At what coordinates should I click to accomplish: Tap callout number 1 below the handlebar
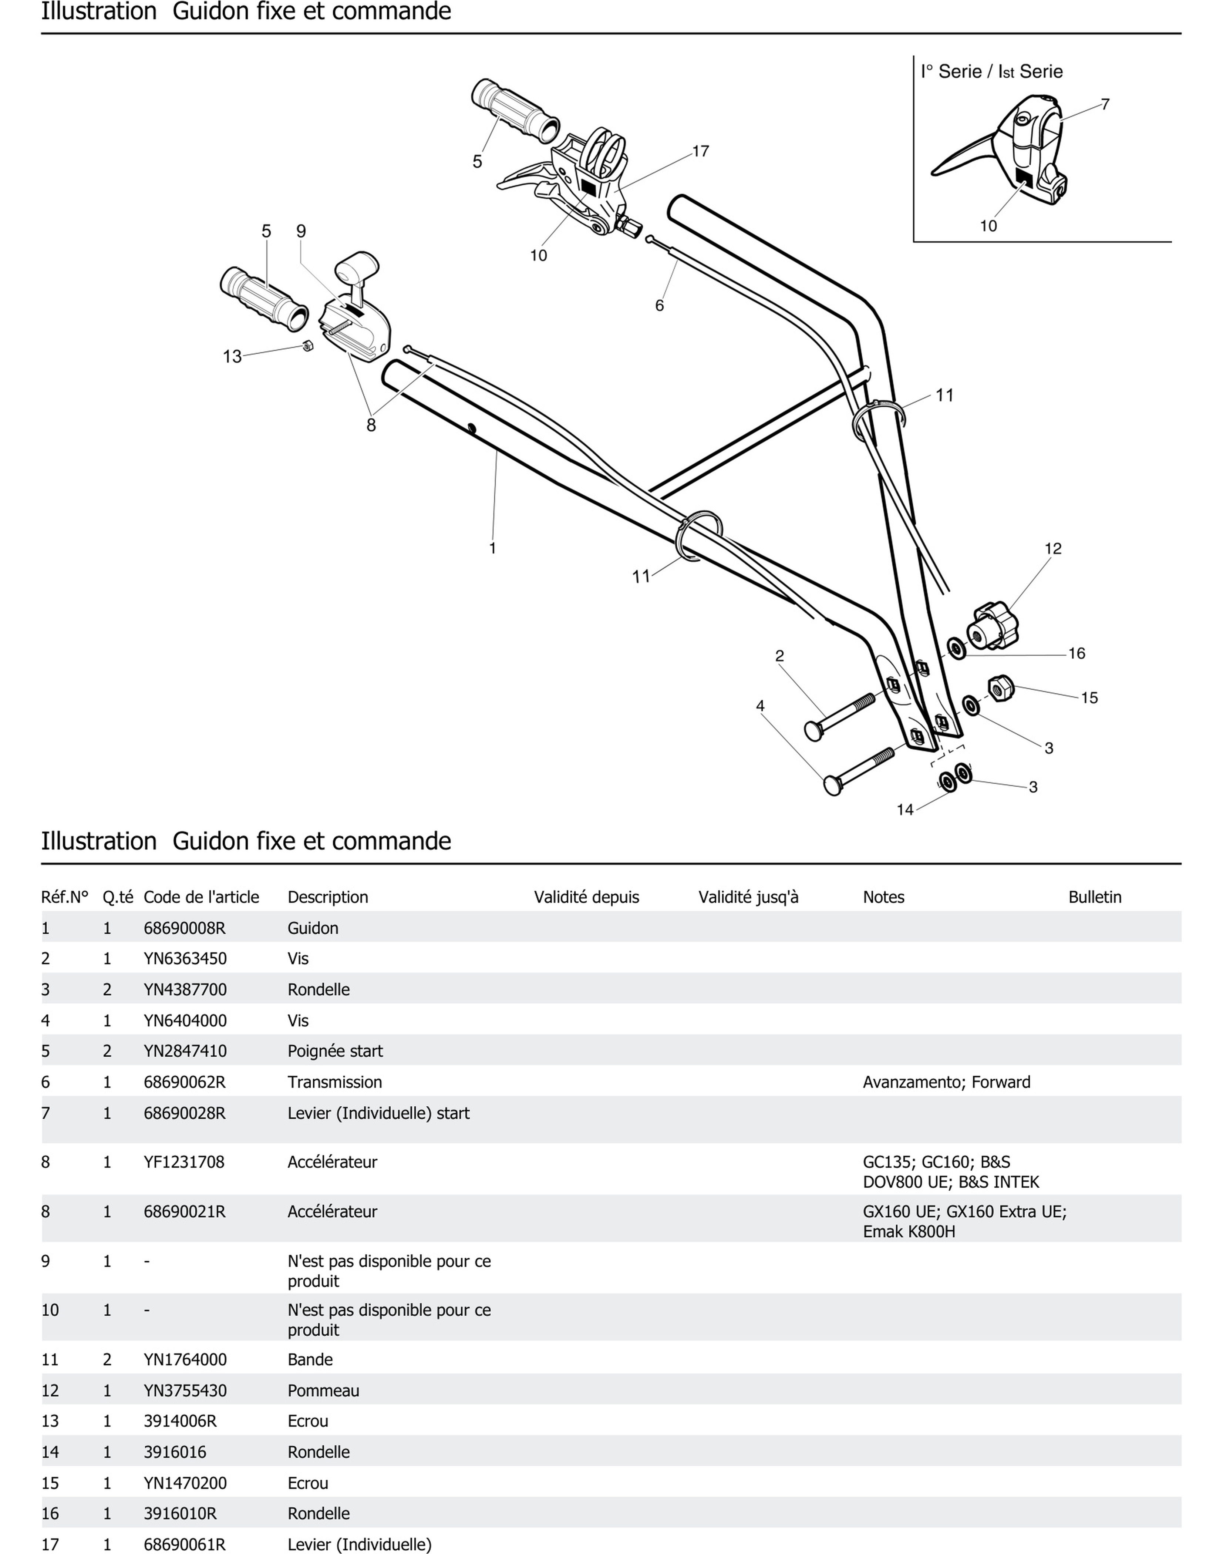click(493, 548)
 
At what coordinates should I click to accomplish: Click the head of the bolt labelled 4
click(833, 786)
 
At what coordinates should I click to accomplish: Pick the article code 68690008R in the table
click(185, 928)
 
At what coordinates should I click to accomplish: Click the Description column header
click(328, 897)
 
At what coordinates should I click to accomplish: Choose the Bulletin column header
click(1095, 897)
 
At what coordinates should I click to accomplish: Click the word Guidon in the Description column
click(313, 928)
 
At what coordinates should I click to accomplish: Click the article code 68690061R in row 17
click(185, 1545)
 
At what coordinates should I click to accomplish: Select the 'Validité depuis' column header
click(586, 897)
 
